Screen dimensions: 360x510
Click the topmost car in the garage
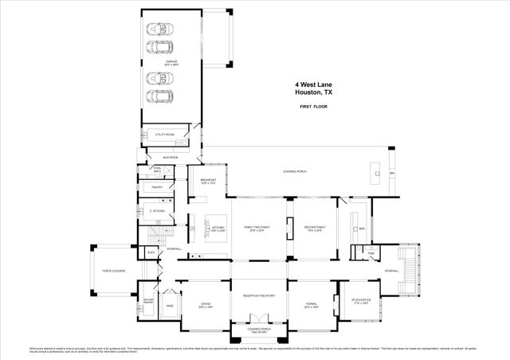[159, 28]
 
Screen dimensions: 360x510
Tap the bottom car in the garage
[159, 98]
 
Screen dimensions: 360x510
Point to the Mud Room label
[171, 158]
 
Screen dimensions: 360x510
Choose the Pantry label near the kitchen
[157, 187]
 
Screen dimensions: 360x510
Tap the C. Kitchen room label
[157, 211]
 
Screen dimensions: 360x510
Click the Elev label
[151, 252]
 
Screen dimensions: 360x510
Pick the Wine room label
[169, 305]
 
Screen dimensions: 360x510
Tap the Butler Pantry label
[147, 301]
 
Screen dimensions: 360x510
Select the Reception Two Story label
[258, 295]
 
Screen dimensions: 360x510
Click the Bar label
[362, 228]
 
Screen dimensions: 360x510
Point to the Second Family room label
[315, 228]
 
